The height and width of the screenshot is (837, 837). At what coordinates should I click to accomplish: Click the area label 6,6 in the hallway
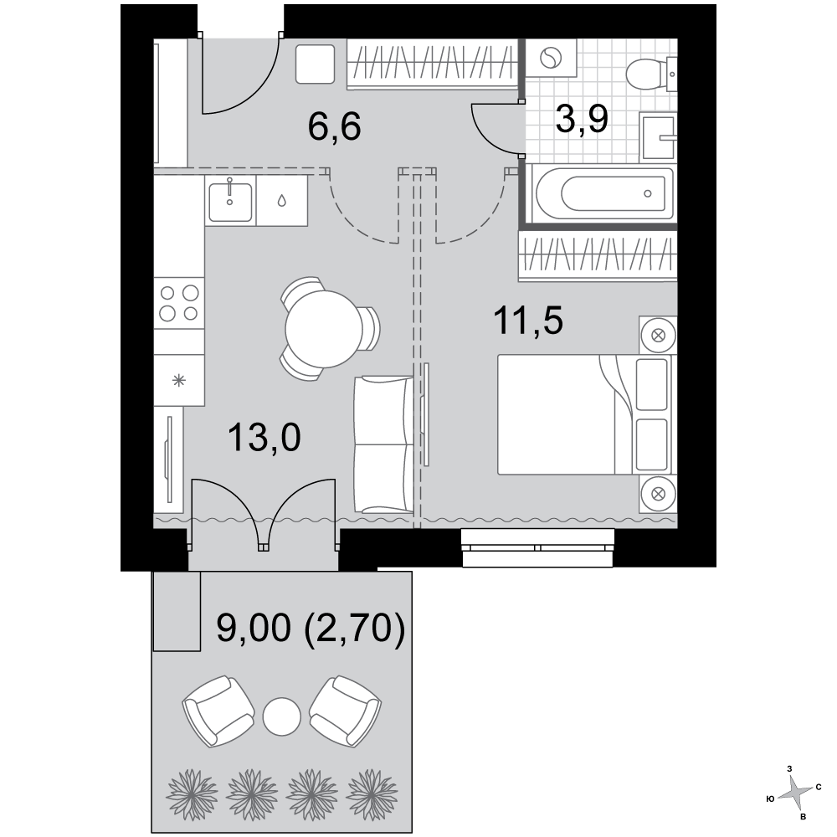coord(335,126)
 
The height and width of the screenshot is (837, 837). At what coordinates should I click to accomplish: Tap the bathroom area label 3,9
coord(582,119)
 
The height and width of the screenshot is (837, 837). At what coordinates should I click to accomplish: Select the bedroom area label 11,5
coord(528,321)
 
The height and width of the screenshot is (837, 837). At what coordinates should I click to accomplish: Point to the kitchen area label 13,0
coord(264,437)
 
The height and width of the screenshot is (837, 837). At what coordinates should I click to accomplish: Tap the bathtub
coord(604,194)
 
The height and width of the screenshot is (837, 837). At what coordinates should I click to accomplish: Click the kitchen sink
coord(230,201)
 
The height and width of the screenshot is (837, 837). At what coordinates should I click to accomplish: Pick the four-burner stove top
coord(179,303)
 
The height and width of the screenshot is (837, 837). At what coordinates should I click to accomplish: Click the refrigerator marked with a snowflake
coord(179,381)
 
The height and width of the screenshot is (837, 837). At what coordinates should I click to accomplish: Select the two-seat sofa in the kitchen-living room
coord(384,444)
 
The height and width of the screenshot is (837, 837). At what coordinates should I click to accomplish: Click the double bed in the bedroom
coord(584,414)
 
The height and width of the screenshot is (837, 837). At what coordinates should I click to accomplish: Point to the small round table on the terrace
coord(281,716)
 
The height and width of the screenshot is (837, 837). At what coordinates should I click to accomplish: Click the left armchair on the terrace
coord(218,711)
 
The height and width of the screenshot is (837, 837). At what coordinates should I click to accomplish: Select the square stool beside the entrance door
coord(315,64)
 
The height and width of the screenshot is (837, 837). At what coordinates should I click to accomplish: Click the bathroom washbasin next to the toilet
coord(658,138)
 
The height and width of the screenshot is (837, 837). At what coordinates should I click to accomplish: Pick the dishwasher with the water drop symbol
coord(282,201)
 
